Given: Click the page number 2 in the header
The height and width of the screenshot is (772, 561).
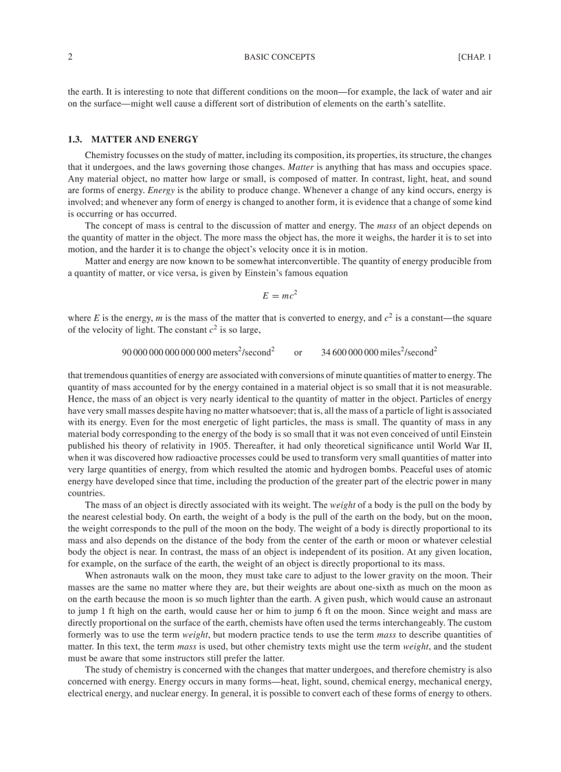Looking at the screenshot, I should [70, 57].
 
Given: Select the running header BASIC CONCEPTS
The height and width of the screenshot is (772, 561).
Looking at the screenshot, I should [279, 57].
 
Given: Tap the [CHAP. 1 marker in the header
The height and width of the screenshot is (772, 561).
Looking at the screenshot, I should [474, 57].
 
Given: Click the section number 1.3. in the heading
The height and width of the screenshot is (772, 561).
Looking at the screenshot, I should [76, 140].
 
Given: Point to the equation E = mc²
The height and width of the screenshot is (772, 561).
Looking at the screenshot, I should [279, 295].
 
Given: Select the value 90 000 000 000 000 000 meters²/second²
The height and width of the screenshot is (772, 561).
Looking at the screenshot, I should [198, 352].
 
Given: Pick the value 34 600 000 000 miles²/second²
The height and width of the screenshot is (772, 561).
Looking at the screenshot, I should [379, 352].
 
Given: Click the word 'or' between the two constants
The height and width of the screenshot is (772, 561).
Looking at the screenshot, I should [298, 353].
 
